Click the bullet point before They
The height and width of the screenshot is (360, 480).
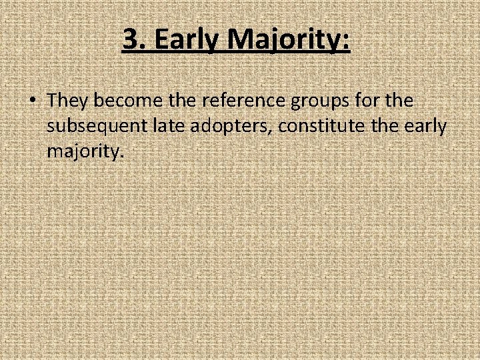pos(32,101)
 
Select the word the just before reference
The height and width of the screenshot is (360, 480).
pos(181,101)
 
